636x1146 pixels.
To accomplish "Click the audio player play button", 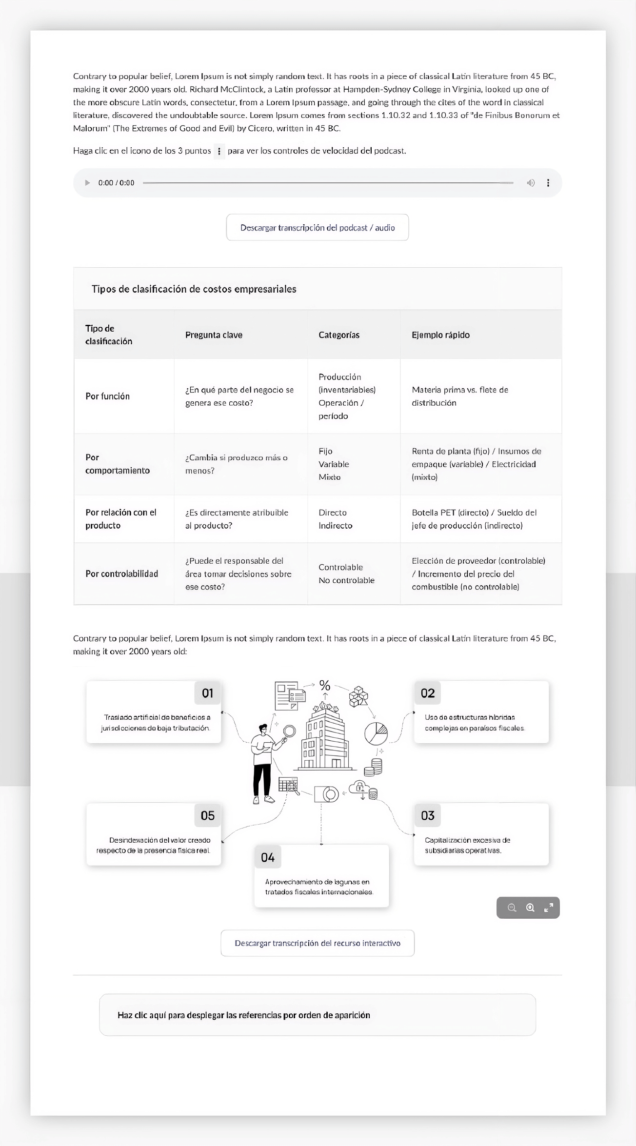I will pyautogui.click(x=87, y=183).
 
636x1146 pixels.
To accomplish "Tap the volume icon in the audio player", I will pyautogui.click(x=531, y=183).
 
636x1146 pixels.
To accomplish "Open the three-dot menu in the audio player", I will pyautogui.click(x=548, y=183).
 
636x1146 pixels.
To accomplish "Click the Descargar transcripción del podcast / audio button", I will pyautogui.click(x=318, y=228).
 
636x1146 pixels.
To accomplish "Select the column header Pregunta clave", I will pyautogui.click(x=214, y=335).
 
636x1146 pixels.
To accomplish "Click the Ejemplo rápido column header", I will pyautogui.click(x=440, y=335).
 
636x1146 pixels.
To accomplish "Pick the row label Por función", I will pyautogui.click(x=108, y=396).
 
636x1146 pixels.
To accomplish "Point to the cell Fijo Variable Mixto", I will pyautogui.click(x=334, y=464).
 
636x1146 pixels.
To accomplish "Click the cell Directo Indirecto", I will pyautogui.click(x=335, y=519).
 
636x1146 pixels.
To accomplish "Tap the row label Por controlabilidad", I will pyautogui.click(x=122, y=574).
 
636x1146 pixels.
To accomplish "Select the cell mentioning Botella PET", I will pyautogui.click(x=474, y=519).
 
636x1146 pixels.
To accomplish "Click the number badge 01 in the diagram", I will pyautogui.click(x=208, y=693).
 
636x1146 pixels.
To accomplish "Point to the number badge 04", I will pyautogui.click(x=268, y=857).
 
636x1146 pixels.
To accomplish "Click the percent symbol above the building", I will pyautogui.click(x=325, y=685).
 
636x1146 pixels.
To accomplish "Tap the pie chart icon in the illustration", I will pyautogui.click(x=376, y=733).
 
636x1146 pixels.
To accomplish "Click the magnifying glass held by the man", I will pyautogui.click(x=290, y=731).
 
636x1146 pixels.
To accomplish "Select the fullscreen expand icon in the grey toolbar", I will pyautogui.click(x=549, y=908).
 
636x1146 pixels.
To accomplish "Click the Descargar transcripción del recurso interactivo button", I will pyautogui.click(x=318, y=943).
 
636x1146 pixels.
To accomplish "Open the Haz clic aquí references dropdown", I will pyautogui.click(x=318, y=1015).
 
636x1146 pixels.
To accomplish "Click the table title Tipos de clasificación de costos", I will pyautogui.click(x=194, y=289).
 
